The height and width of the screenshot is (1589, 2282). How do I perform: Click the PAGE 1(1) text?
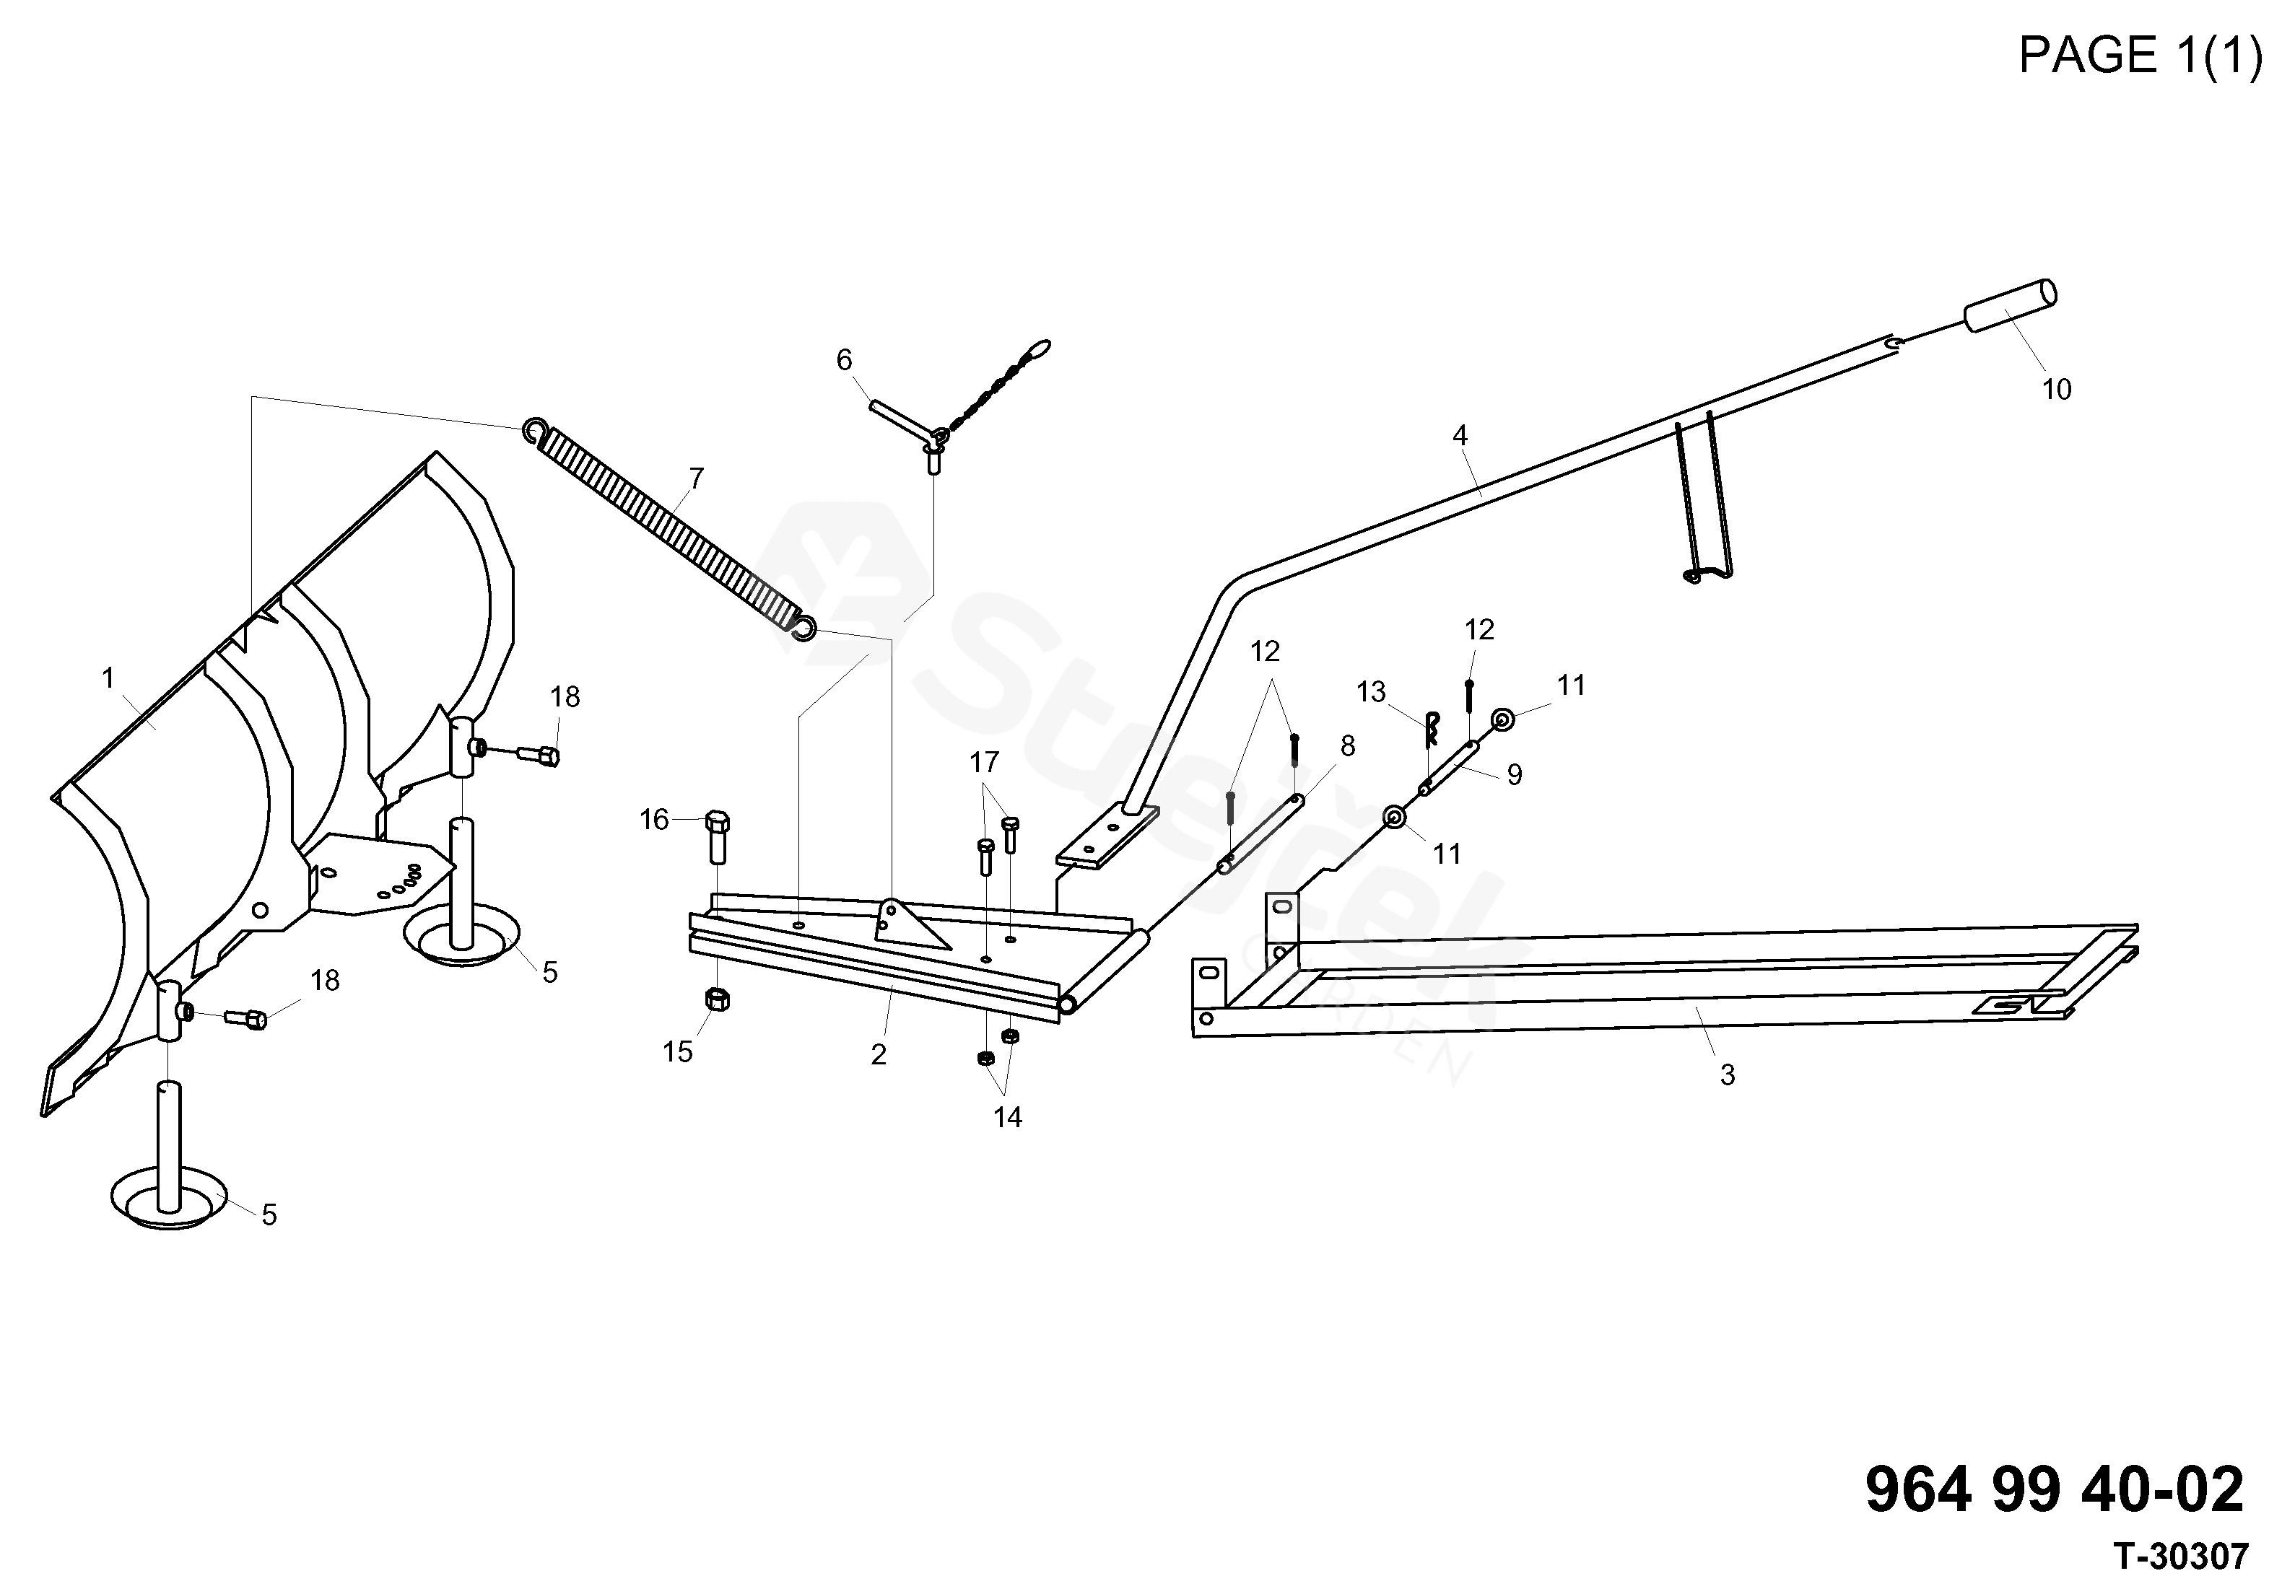(x=2139, y=56)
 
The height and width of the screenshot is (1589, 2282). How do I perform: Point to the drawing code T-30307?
(x=2179, y=1557)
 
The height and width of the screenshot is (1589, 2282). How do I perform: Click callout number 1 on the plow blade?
(x=108, y=679)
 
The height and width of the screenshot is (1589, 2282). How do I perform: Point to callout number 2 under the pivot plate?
(x=879, y=1055)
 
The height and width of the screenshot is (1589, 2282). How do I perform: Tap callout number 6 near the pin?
(x=844, y=360)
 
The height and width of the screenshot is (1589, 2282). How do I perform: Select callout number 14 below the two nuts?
(x=1007, y=1118)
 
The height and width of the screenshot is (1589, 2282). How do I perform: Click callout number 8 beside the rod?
(x=1346, y=746)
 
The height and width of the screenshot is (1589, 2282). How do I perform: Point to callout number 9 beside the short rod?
(x=1514, y=775)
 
